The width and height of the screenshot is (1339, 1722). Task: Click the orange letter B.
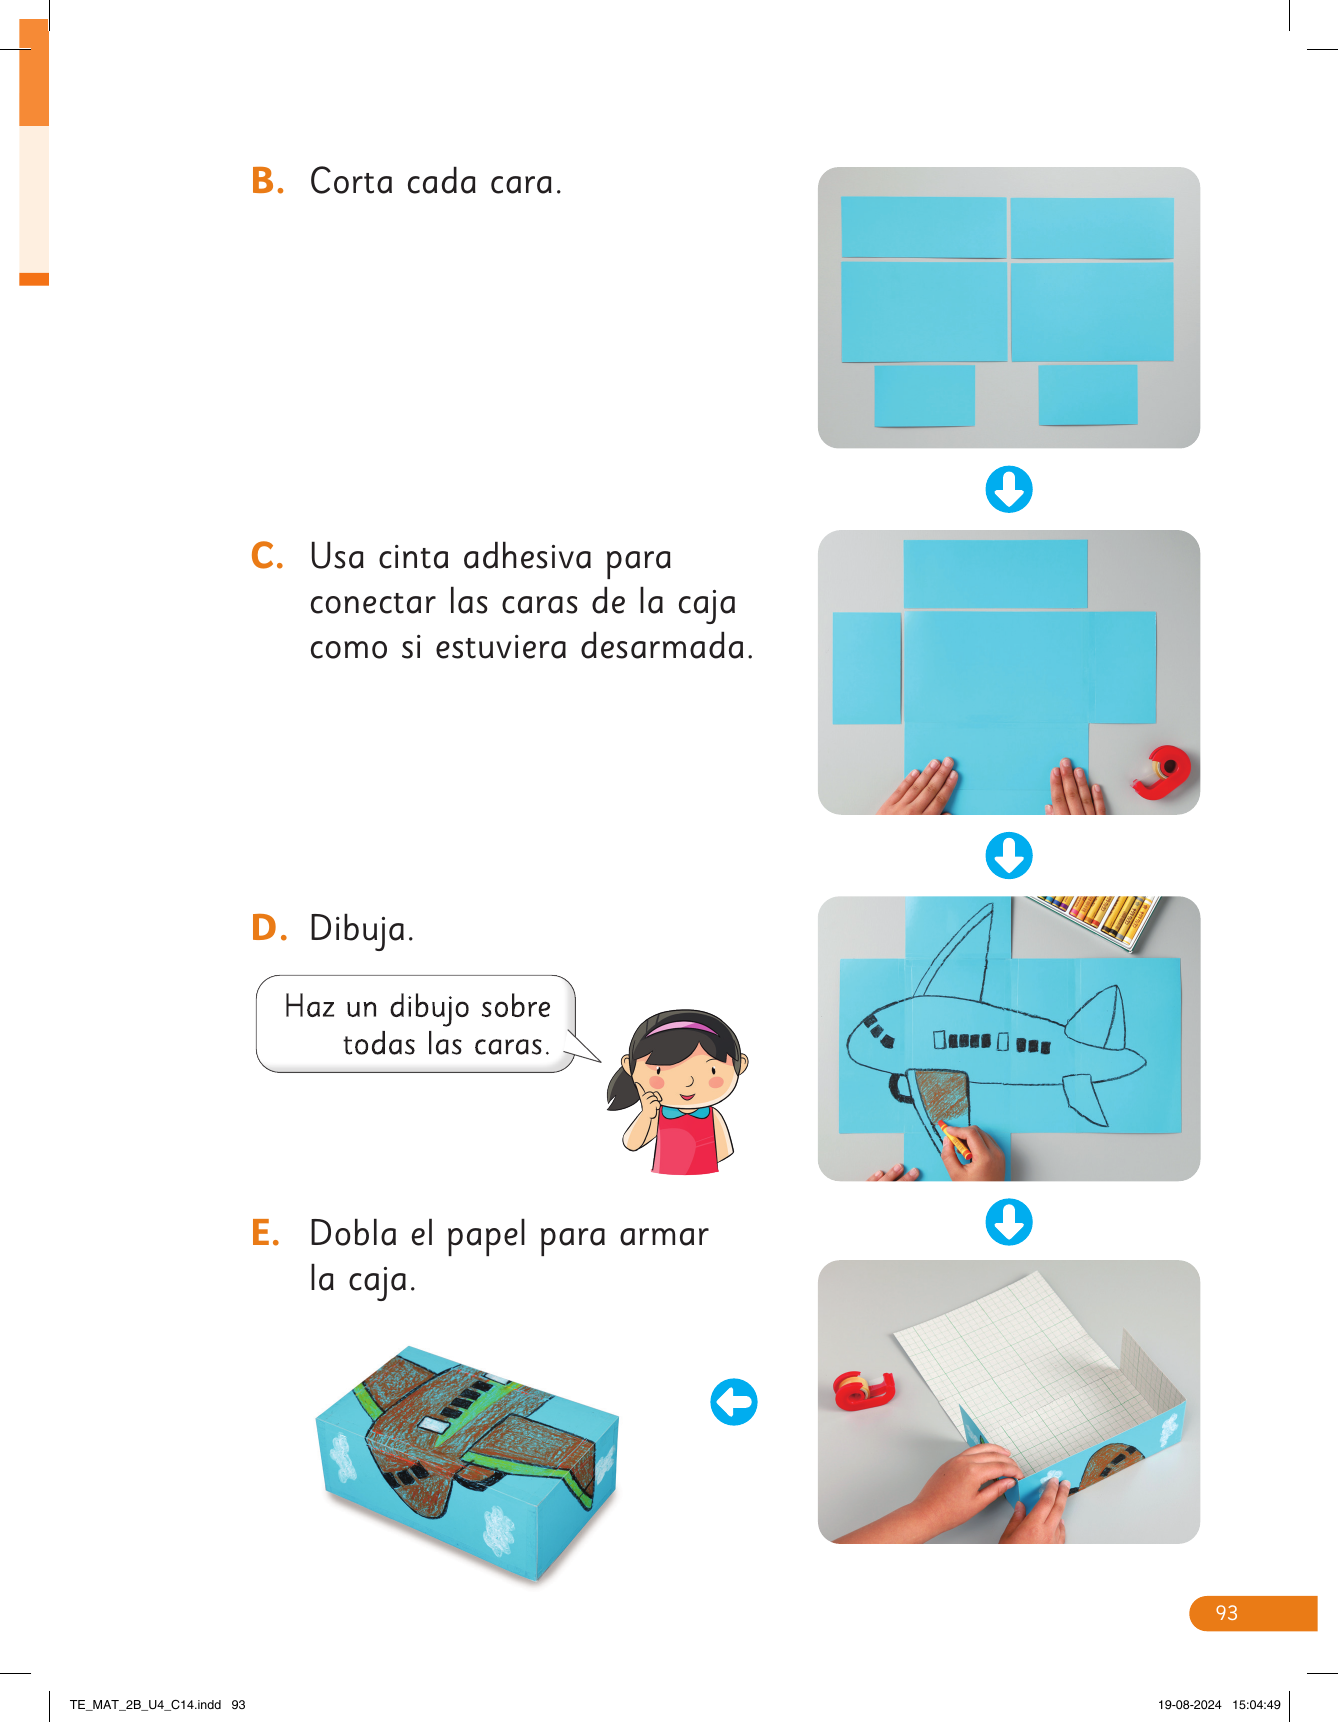click(266, 181)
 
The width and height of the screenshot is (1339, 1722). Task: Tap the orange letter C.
click(266, 556)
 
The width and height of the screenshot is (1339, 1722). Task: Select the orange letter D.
click(267, 928)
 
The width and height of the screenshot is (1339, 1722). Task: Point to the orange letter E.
click(265, 1233)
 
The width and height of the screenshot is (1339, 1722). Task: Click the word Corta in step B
click(351, 182)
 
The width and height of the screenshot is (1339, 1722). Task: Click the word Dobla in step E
click(354, 1233)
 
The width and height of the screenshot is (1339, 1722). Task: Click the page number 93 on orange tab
click(1227, 1613)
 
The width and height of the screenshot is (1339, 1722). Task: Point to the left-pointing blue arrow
click(734, 1402)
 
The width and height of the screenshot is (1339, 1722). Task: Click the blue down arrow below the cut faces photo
click(1009, 490)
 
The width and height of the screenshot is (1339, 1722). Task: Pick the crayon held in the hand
click(955, 1141)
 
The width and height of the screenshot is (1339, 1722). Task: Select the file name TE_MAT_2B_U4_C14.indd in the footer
click(146, 1705)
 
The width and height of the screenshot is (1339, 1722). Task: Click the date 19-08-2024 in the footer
click(1190, 1705)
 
